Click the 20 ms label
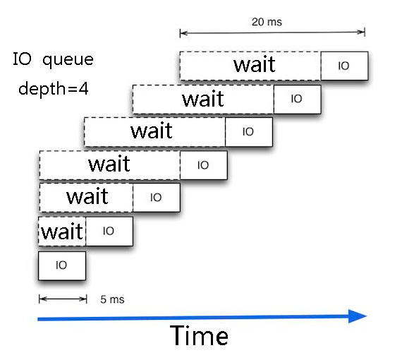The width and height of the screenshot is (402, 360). pos(267,22)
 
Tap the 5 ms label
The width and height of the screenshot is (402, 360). pos(112,299)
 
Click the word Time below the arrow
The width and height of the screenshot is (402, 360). pos(199,335)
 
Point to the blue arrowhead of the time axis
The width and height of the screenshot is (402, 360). pos(358,316)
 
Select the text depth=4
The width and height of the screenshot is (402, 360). pos(54,89)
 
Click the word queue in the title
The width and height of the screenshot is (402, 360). pos(68,60)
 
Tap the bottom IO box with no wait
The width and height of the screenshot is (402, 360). pos(62,265)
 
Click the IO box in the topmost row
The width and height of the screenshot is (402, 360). pos(344,66)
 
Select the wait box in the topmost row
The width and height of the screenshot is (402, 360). pos(250,66)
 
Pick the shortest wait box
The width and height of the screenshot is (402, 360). pos(62,232)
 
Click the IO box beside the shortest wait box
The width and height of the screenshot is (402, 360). pos(109,232)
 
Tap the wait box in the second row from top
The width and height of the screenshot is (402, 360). pos(203,100)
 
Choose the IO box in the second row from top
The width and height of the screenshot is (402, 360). pos(297,100)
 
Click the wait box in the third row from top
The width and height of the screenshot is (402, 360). pos(154,132)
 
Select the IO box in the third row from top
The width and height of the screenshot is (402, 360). pos(249,132)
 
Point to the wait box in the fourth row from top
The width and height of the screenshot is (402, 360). pos(110,165)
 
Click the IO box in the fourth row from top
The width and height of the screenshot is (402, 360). pos(204,165)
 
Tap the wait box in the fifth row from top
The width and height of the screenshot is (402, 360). pos(86,198)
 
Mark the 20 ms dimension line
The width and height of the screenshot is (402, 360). pos(272,32)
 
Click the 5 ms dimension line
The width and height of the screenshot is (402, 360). pos(63,299)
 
